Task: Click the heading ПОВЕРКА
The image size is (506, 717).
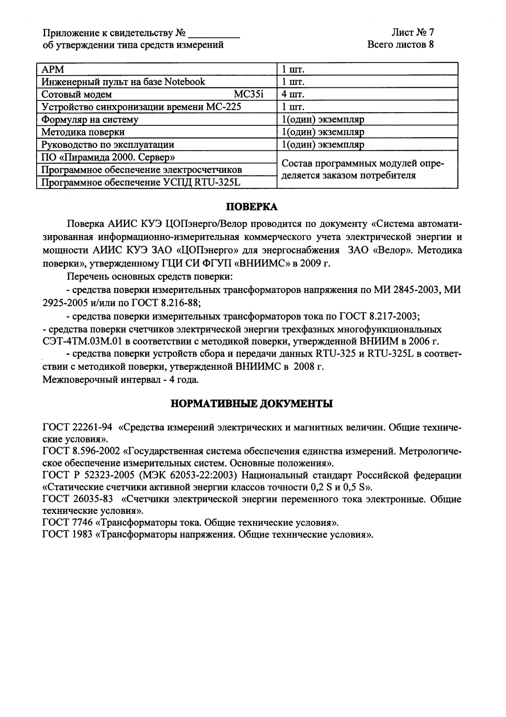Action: [252, 207]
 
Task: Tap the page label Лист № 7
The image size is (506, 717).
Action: [413, 33]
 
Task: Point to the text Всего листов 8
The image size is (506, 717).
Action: [401, 45]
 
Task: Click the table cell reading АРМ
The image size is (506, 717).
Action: [53, 69]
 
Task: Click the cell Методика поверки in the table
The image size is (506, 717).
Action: [83, 132]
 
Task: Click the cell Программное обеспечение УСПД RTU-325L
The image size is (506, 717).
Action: [141, 182]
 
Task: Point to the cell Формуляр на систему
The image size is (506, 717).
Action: [90, 119]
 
